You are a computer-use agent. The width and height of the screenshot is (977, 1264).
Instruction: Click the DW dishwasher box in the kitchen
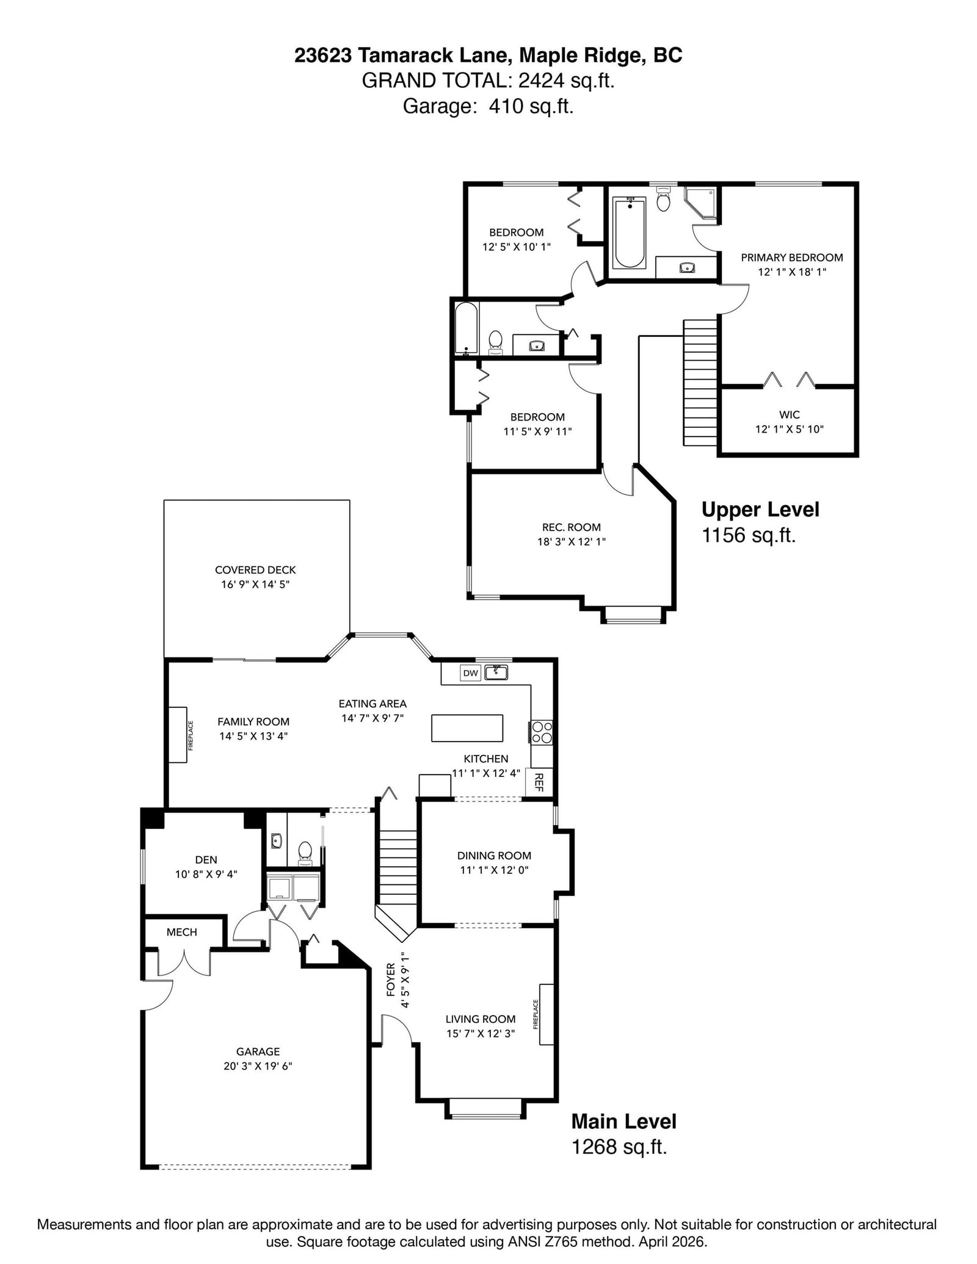point(470,673)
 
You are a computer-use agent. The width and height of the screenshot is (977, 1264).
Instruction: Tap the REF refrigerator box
point(539,782)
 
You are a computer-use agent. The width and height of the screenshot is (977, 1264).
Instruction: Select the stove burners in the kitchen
point(542,732)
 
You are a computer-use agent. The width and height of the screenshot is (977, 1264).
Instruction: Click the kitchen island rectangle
point(468,728)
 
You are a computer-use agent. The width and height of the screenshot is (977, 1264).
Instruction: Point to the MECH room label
point(182,932)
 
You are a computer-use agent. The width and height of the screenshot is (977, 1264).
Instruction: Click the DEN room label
point(206,860)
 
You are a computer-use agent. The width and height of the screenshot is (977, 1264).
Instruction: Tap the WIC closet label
point(790,415)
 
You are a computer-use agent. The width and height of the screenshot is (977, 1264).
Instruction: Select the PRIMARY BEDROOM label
point(792,258)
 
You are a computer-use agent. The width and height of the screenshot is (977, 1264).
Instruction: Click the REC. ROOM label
point(572,527)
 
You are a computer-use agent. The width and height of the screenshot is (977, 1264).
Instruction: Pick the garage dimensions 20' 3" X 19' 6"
point(258,1066)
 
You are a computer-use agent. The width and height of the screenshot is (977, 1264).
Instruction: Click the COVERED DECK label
point(255,570)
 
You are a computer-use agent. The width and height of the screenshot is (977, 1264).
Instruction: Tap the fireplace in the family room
point(178,735)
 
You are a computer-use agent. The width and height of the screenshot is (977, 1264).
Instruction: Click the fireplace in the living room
point(547,1014)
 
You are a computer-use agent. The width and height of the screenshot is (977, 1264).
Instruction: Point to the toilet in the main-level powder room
point(305,853)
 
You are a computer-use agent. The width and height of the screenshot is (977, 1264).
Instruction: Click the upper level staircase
point(700,383)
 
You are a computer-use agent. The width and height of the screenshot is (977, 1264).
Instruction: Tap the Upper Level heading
point(760,510)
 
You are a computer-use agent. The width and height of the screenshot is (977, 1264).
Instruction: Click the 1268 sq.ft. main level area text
point(619,1147)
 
